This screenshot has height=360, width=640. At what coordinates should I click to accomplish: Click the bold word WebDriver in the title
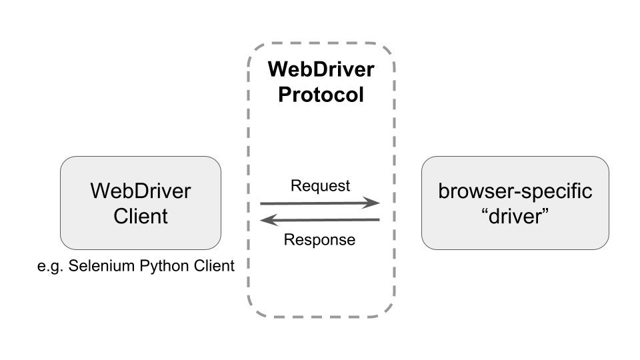pyautogui.click(x=321, y=69)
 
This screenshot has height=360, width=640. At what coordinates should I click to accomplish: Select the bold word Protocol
pyautogui.click(x=321, y=95)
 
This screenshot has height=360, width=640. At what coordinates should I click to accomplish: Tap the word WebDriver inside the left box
pyautogui.click(x=140, y=191)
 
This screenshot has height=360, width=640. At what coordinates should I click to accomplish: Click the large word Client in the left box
pyautogui.click(x=140, y=216)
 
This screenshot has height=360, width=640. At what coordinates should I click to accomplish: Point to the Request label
pyautogui.click(x=320, y=186)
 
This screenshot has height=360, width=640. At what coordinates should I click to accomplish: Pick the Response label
pyautogui.click(x=320, y=240)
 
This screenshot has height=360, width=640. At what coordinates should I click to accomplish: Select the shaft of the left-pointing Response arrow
pyautogui.click(x=327, y=220)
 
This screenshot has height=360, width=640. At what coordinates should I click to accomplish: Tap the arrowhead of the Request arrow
pyautogui.click(x=373, y=203)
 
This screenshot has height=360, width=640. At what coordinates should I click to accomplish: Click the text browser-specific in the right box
pyautogui.click(x=515, y=191)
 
